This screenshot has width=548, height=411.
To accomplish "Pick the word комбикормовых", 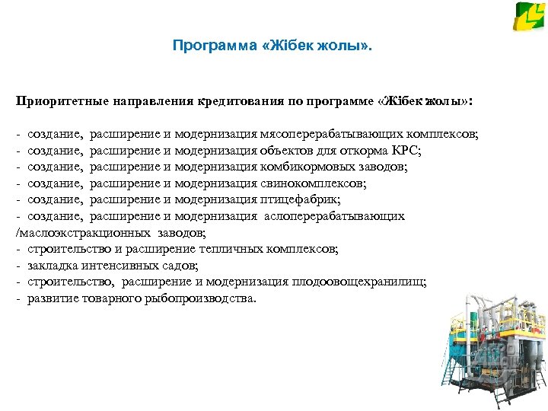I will (305, 167).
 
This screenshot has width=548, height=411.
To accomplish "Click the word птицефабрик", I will (297, 199).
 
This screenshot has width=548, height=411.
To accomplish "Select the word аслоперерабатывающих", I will (334, 216).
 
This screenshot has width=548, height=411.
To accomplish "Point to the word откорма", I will (364, 150).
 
